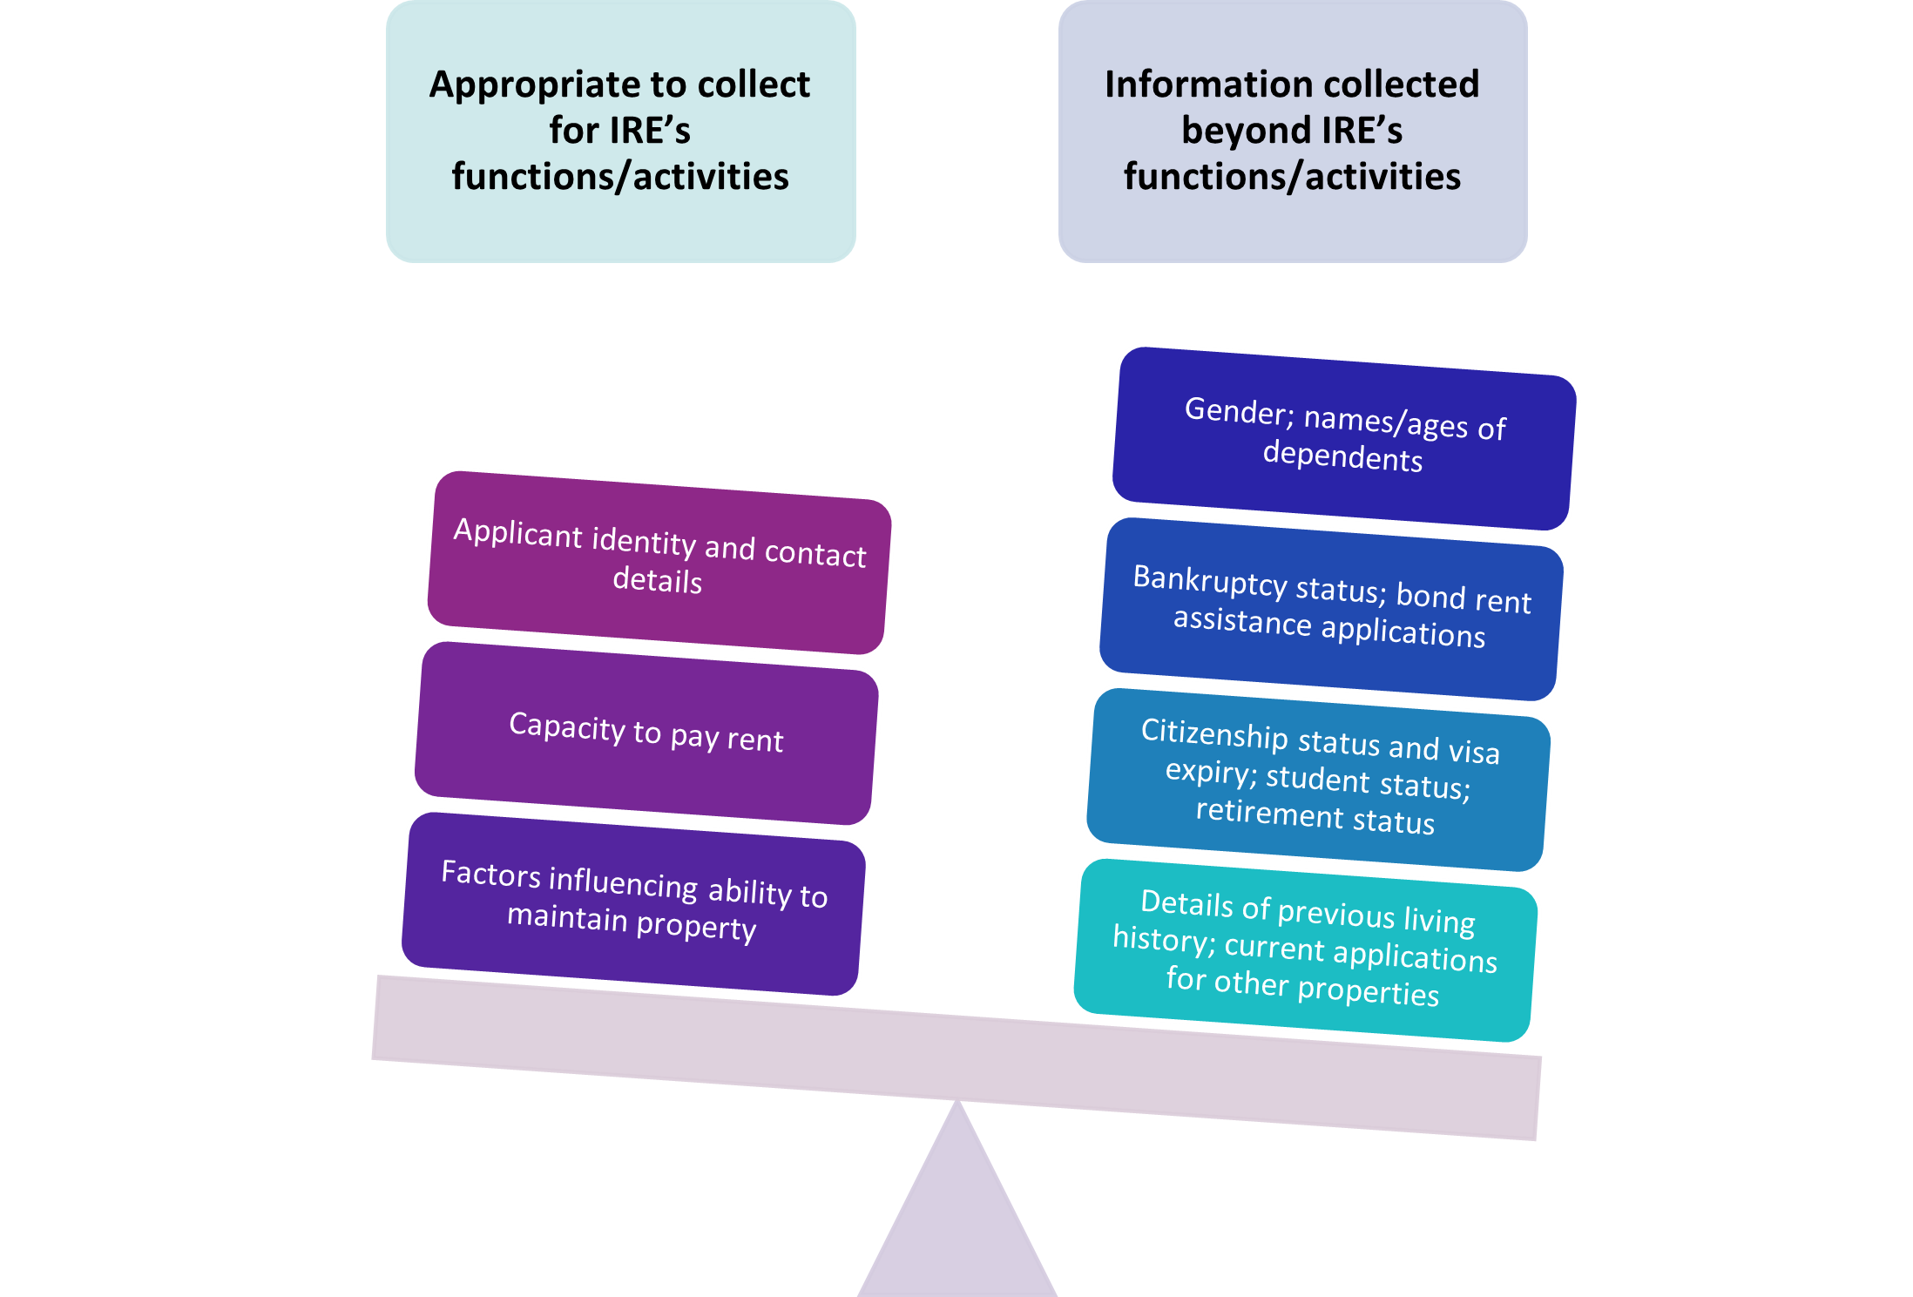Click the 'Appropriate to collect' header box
coord(620,131)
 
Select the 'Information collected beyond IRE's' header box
coord(1292,131)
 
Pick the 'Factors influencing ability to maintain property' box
coord(633,902)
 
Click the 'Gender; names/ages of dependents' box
coord(1344,437)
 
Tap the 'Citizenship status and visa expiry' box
coord(1318,779)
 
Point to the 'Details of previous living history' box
coord(1305,949)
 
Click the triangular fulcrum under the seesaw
coord(957,1219)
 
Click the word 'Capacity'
coord(567,726)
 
